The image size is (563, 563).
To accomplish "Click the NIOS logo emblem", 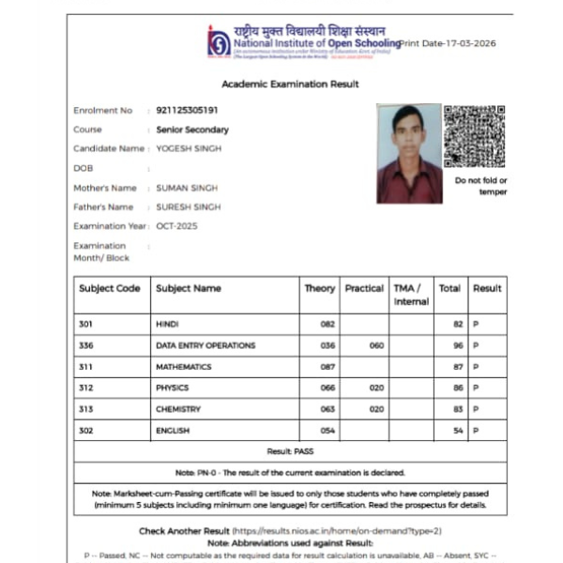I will pyautogui.click(x=219, y=42).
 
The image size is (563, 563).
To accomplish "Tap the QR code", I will pyautogui.click(x=474, y=136).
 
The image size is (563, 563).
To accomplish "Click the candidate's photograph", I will pyautogui.click(x=408, y=153).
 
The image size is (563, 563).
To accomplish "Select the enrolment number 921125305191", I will pyautogui.click(x=188, y=111).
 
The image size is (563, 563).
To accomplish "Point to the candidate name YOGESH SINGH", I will pyautogui.click(x=189, y=148).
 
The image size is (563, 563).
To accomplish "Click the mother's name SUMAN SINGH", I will pyautogui.click(x=187, y=188).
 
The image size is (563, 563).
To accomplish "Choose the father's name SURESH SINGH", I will pyautogui.click(x=189, y=206).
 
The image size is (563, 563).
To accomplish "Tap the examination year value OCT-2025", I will pyautogui.click(x=177, y=226).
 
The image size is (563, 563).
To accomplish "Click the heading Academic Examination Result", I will pyautogui.click(x=290, y=84).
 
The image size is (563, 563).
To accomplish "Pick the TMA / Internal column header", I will pyautogui.click(x=411, y=295).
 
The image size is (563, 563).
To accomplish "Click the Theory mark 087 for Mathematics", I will pyautogui.click(x=327, y=367).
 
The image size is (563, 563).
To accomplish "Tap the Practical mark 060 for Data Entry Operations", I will pyautogui.click(x=376, y=345).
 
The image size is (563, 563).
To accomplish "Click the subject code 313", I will pyautogui.click(x=86, y=409).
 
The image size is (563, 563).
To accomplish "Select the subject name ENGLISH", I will pyautogui.click(x=173, y=431).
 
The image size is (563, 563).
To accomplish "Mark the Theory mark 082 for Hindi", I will pyautogui.click(x=327, y=324).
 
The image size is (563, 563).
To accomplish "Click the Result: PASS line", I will pyautogui.click(x=290, y=451).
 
